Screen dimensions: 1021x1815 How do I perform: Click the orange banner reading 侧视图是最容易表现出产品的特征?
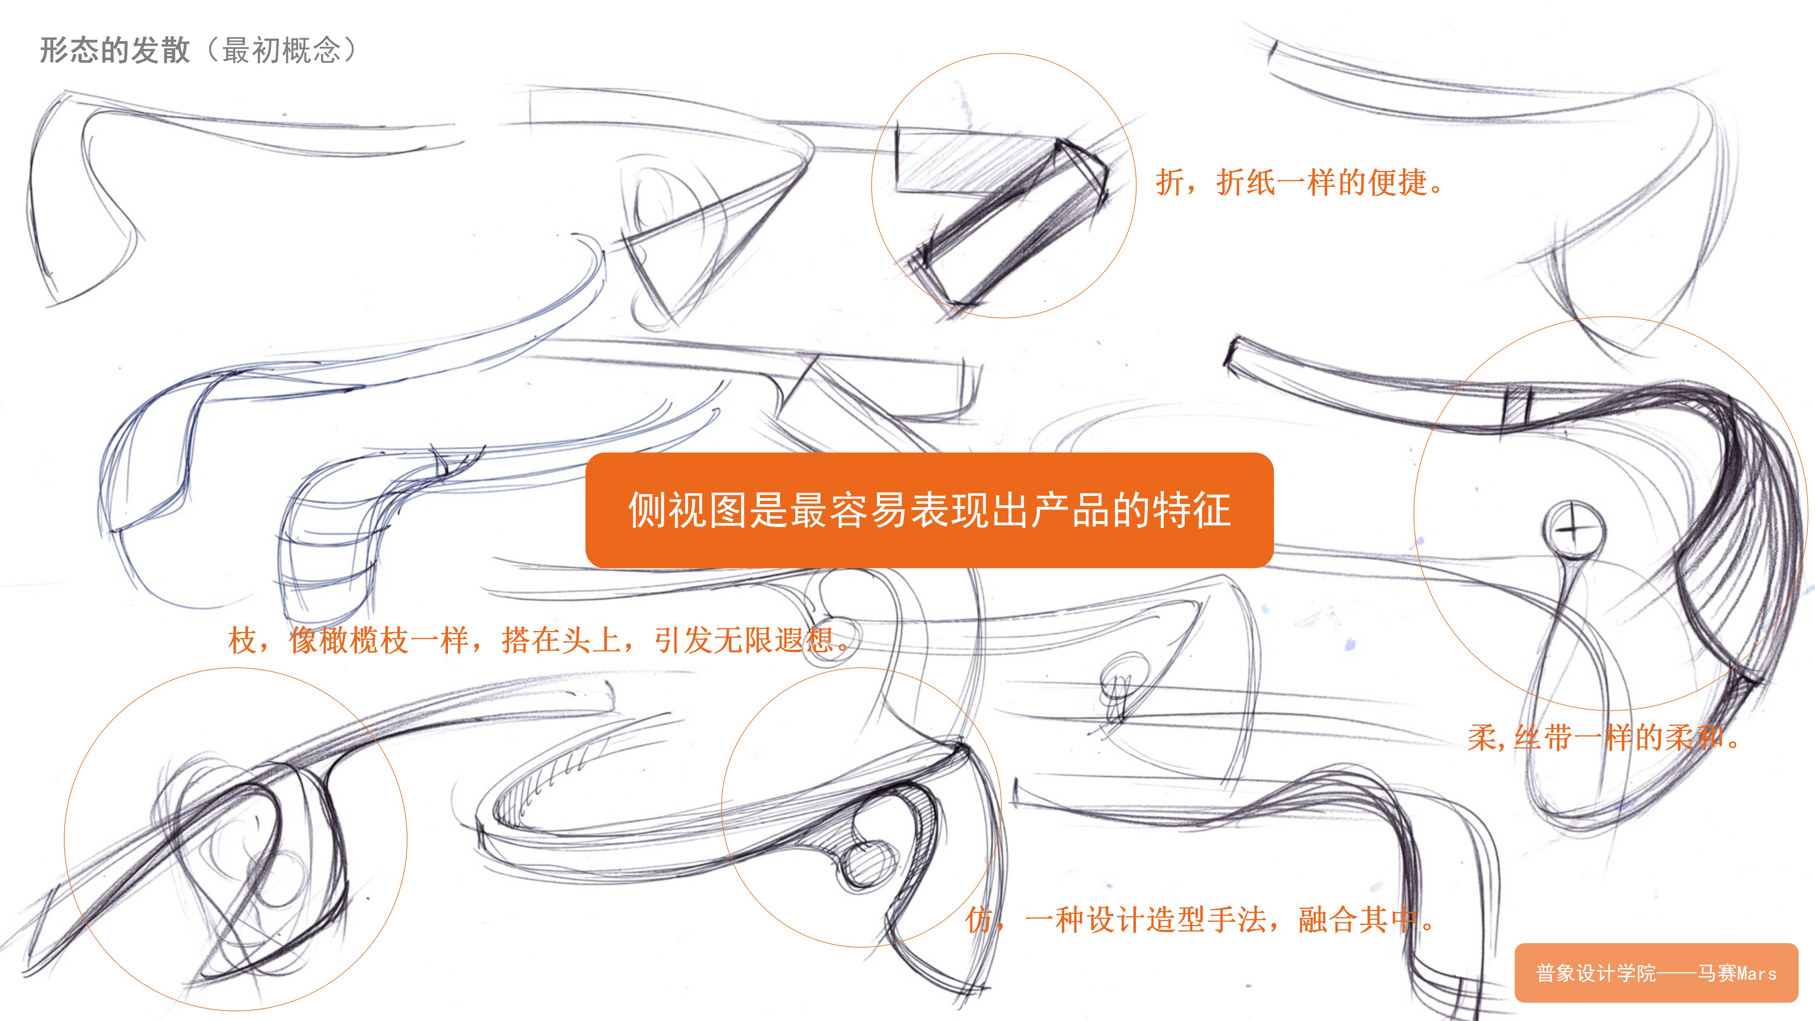pos(929,510)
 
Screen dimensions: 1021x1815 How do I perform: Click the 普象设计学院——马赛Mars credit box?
pos(1656,973)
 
